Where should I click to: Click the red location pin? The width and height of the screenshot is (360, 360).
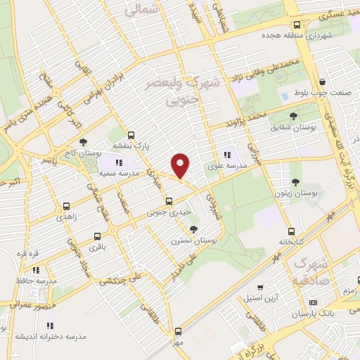pos(181,165)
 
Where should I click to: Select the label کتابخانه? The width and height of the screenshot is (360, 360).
pos(290,241)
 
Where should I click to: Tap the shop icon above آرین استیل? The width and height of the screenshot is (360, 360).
pos(261,287)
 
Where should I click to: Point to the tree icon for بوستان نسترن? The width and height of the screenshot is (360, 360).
pos(195,229)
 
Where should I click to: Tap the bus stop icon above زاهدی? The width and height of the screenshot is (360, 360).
pos(66,207)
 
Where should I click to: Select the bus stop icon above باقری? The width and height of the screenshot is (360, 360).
pos(96,236)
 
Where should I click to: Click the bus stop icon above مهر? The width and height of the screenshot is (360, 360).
pos(177,330)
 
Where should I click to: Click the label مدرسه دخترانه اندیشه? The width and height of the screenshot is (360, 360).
pos(50,336)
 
